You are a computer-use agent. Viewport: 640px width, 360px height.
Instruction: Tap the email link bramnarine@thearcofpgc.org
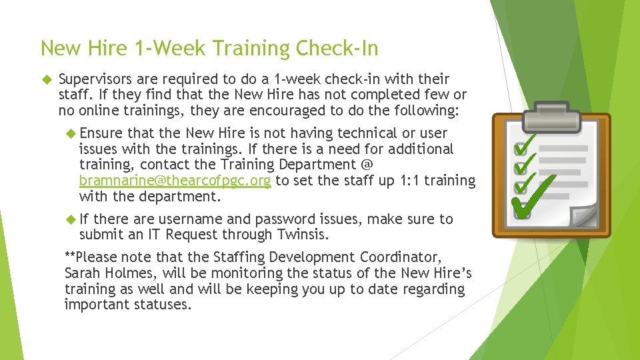point(175,181)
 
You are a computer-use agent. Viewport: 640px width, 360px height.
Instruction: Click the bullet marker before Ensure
point(71,133)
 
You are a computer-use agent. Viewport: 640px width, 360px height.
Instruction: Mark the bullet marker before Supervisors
point(45,79)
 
